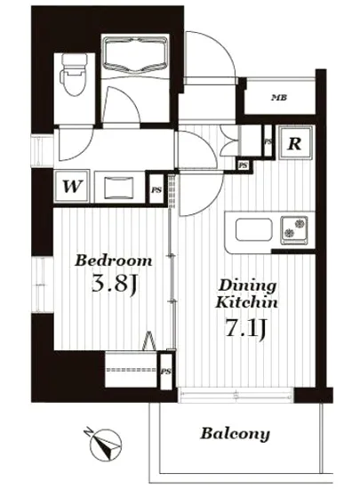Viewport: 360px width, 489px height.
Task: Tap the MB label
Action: point(278,97)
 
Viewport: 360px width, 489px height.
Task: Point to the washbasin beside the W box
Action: point(117,187)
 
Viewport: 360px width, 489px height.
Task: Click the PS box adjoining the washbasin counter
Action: point(156,189)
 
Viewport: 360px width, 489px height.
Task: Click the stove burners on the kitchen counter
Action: point(294,229)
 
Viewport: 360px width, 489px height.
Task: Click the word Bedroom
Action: point(112,261)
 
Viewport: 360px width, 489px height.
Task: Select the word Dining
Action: point(248,285)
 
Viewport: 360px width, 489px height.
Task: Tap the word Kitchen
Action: point(248,302)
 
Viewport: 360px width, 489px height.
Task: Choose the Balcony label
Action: point(235,434)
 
